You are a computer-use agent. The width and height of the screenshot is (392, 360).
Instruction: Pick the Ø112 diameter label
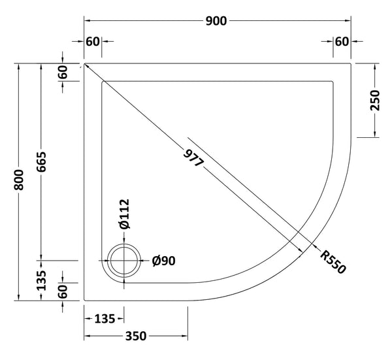(124, 214)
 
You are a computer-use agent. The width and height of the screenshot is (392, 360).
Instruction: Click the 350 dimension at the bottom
(135, 337)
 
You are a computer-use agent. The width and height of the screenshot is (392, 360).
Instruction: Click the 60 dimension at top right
(341, 42)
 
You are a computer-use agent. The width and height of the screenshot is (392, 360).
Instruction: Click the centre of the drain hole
(124, 262)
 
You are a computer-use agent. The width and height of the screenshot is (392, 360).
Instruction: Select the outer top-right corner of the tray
(352, 64)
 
